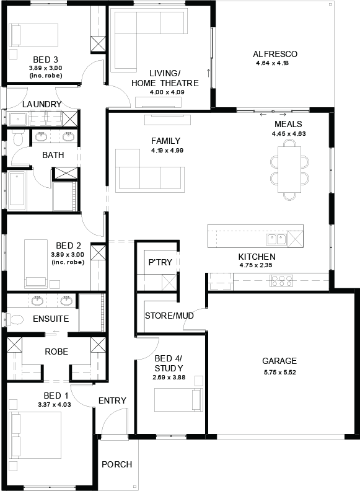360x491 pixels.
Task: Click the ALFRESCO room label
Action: pyautogui.click(x=276, y=54)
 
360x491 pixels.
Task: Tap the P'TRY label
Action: pyautogui.click(x=160, y=262)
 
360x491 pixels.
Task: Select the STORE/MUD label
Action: pyautogui.click(x=169, y=316)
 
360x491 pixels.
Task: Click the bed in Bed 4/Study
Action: pyautogui.click(x=178, y=399)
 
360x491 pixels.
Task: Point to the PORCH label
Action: pyautogui.click(x=116, y=464)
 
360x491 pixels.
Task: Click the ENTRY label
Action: pyautogui.click(x=112, y=401)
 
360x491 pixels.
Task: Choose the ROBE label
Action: pyautogui.click(x=56, y=352)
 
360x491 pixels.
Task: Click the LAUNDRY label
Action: pyautogui.click(x=42, y=104)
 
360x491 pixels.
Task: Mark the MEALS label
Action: pyautogui.click(x=288, y=124)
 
